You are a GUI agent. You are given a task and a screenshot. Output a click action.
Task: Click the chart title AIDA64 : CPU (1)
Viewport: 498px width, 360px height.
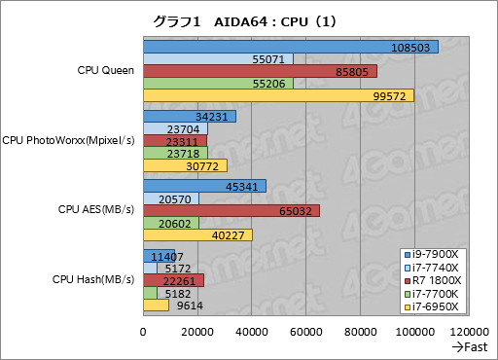(x=249, y=19)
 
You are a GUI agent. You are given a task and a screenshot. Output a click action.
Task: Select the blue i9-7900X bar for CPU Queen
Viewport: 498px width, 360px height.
(x=290, y=47)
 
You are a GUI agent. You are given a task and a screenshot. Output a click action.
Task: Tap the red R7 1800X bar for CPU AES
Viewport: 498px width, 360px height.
(x=231, y=210)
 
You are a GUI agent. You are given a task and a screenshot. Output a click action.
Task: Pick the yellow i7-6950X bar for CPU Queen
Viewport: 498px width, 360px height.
(x=278, y=95)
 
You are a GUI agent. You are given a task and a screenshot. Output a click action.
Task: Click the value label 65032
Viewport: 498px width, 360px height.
(x=294, y=210)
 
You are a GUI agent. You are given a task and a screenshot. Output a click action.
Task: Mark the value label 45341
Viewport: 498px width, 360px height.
(x=240, y=186)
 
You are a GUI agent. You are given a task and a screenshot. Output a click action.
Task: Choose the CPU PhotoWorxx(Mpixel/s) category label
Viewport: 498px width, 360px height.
(x=69, y=141)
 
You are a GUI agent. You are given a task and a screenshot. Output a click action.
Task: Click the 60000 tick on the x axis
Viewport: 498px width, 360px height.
(x=305, y=332)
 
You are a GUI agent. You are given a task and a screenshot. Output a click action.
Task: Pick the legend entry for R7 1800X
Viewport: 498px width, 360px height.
(x=437, y=280)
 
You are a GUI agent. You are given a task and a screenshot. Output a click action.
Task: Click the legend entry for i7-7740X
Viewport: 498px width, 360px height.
(x=437, y=268)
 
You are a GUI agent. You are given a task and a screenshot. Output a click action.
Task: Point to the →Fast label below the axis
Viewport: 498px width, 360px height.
(x=468, y=347)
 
